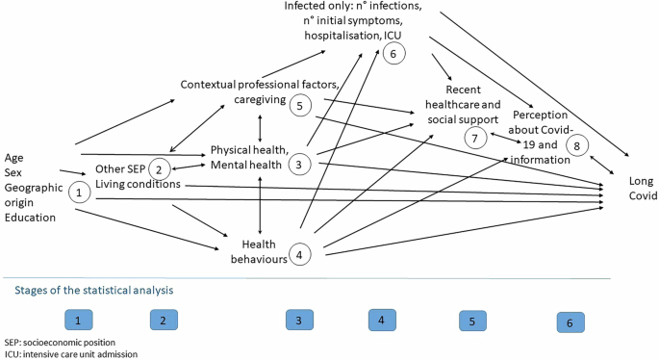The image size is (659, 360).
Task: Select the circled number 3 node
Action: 300,165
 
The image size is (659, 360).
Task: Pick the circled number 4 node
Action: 300,254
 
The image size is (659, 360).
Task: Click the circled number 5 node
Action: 300,106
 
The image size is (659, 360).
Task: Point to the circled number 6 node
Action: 393,54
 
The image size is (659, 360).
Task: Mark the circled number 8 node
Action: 577,143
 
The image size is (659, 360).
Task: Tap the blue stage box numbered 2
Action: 165,320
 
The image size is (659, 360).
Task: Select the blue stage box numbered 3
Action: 300,321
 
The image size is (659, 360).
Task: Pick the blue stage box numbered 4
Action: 383,320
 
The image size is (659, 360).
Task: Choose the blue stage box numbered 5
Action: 472,321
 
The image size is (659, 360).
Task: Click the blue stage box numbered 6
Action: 570,322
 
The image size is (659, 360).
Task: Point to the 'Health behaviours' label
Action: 254,252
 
